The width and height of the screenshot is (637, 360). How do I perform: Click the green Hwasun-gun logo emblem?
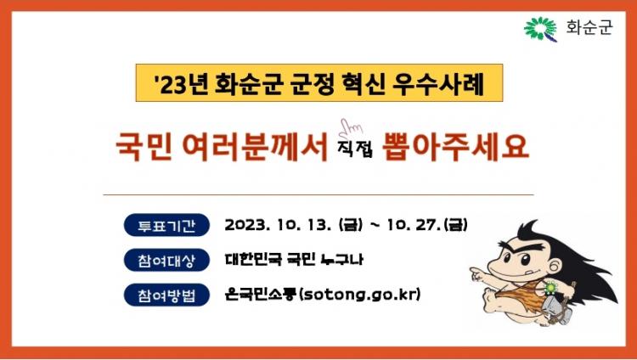click(x=541, y=29)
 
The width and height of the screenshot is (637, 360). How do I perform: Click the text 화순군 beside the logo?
click(x=589, y=28)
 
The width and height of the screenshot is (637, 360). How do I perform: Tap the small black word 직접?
click(x=355, y=149)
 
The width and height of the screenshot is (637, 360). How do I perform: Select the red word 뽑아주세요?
click(x=455, y=146)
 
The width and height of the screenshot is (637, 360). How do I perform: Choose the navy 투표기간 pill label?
click(x=166, y=225)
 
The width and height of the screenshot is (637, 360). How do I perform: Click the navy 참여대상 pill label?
click(x=166, y=260)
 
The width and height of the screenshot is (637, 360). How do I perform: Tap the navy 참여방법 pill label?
click(x=166, y=295)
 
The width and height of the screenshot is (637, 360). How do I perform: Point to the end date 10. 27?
click(x=414, y=225)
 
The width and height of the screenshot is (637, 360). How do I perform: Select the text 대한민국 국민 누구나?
click(x=294, y=259)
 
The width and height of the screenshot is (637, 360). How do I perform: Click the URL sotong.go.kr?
click(x=359, y=294)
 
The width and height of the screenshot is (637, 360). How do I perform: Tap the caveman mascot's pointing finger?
click(x=474, y=271)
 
